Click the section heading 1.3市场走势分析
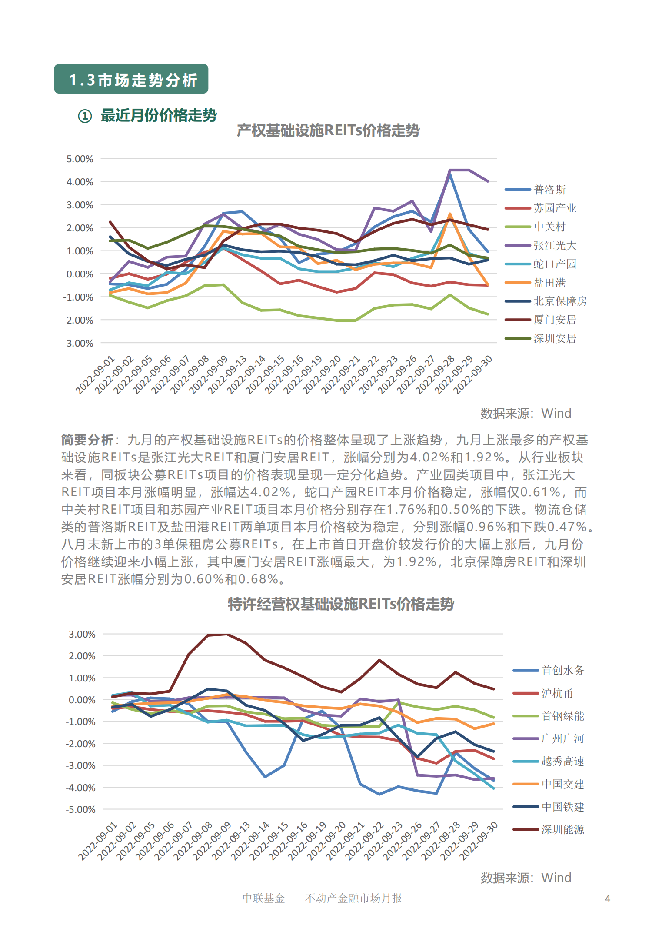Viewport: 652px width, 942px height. point(133,80)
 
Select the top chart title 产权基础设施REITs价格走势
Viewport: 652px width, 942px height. point(328,130)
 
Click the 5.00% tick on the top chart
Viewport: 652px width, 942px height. point(80,159)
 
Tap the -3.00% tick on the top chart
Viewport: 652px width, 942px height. point(78,344)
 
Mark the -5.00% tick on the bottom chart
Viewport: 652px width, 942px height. point(80,809)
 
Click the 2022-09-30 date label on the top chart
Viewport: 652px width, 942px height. point(473,374)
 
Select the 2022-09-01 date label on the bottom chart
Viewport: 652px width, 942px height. point(98,841)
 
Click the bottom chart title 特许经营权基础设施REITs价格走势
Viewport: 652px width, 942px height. point(341,604)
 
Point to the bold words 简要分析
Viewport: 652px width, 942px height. point(87,440)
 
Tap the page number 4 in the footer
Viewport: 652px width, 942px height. point(608,899)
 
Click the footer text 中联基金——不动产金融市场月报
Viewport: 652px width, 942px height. point(322,898)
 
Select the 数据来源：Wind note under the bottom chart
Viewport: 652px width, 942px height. point(526,878)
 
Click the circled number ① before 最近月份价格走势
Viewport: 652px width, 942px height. point(85,116)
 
